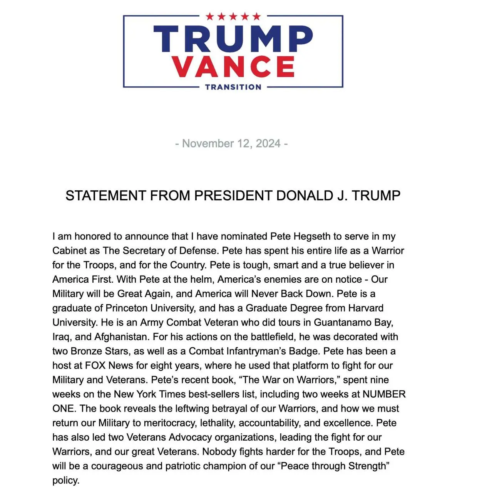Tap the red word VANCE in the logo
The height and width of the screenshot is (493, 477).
pos(233,66)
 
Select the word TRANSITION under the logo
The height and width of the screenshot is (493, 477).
pos(233,87)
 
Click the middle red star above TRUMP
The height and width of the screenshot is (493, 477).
pos(233,17)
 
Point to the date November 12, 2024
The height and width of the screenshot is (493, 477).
pos(231,144)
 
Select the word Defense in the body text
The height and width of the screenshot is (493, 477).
pos(200,251)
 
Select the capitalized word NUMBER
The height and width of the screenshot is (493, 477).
pos(384,394)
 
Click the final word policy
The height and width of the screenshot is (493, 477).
pos(66,481)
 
